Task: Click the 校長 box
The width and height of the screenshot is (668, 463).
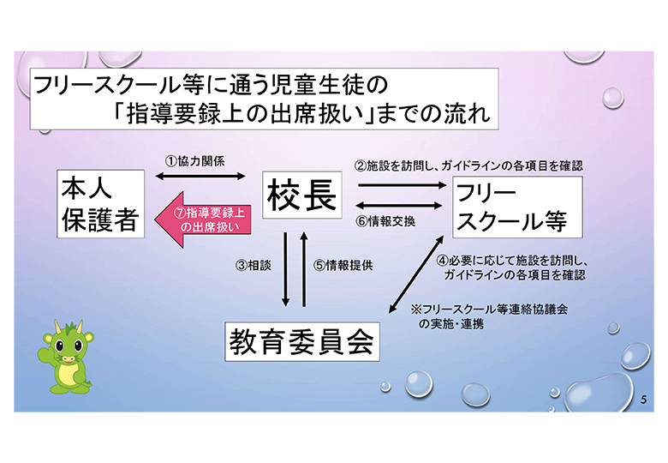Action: tap(302, 195)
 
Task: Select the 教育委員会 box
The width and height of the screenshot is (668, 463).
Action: tap(302, 342)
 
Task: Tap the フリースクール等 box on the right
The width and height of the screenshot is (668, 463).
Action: tap(517, 207)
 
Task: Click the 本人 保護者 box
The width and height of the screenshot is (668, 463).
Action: tap(100, 204)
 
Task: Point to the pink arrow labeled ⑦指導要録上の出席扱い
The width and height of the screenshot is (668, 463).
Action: tap(202, 219)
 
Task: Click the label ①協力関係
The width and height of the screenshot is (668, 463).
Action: tap(194, 161)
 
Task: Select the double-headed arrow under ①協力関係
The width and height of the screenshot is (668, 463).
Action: tap(200, 176)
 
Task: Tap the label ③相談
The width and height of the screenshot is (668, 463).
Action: tap(253, 265)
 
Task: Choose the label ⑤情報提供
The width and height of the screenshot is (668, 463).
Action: tap(343, 265)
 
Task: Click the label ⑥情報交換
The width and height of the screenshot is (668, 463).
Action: tap(385, 221)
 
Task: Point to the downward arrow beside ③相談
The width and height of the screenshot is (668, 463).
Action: tap(285, 269)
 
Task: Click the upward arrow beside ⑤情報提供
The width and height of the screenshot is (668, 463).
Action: tap(304, 269)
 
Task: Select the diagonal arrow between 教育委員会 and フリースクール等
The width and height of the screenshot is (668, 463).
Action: tap(417, 274)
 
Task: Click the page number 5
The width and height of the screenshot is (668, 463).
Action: tap(643, 400)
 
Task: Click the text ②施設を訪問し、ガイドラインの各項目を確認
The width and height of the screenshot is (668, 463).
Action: tap(468, 165)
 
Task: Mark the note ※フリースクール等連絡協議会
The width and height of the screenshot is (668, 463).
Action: tap(490, 310)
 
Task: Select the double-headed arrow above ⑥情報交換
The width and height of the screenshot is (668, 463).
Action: tap(399, 206)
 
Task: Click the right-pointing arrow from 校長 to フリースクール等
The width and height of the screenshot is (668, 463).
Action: tap(403, 185)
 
